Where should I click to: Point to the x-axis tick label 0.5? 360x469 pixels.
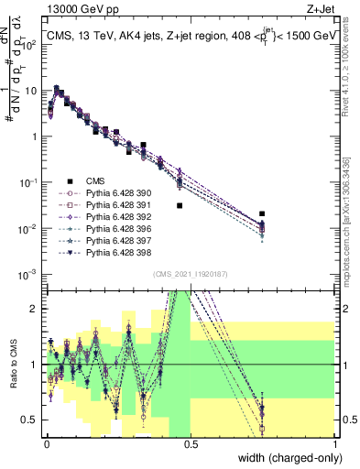(x=191, y=443)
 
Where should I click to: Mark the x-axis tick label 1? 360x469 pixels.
(x=333, y=443)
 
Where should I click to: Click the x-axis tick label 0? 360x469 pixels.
(x=47, y=443)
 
